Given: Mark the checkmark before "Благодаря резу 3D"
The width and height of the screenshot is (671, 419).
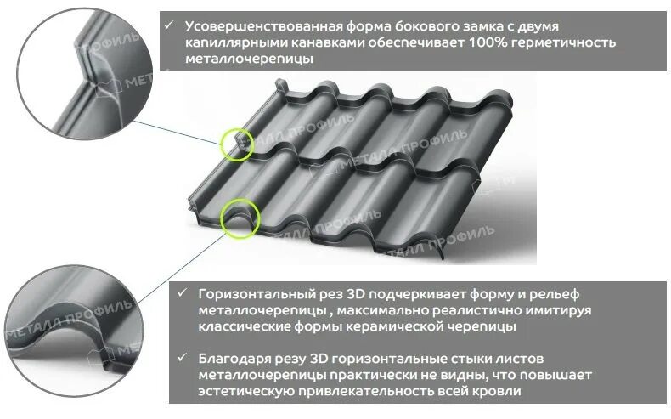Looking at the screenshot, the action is [182, 357].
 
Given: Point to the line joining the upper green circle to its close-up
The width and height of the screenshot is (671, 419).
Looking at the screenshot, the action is [178, 132].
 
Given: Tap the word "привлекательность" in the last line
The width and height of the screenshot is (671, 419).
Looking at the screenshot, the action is [392, 391].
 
